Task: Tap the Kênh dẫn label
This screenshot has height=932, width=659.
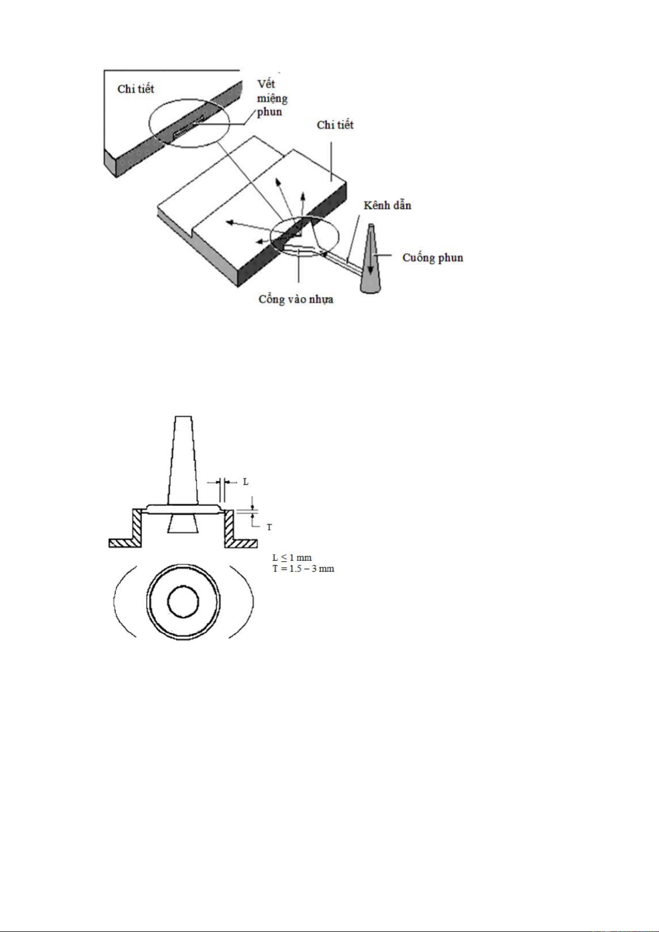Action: pos(388,205)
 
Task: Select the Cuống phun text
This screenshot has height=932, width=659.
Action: pos(432,258)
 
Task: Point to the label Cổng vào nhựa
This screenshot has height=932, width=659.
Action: pos(296,299)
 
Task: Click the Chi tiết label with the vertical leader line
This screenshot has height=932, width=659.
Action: pos(335,125)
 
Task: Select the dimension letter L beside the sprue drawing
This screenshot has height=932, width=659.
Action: pos(245,482)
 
